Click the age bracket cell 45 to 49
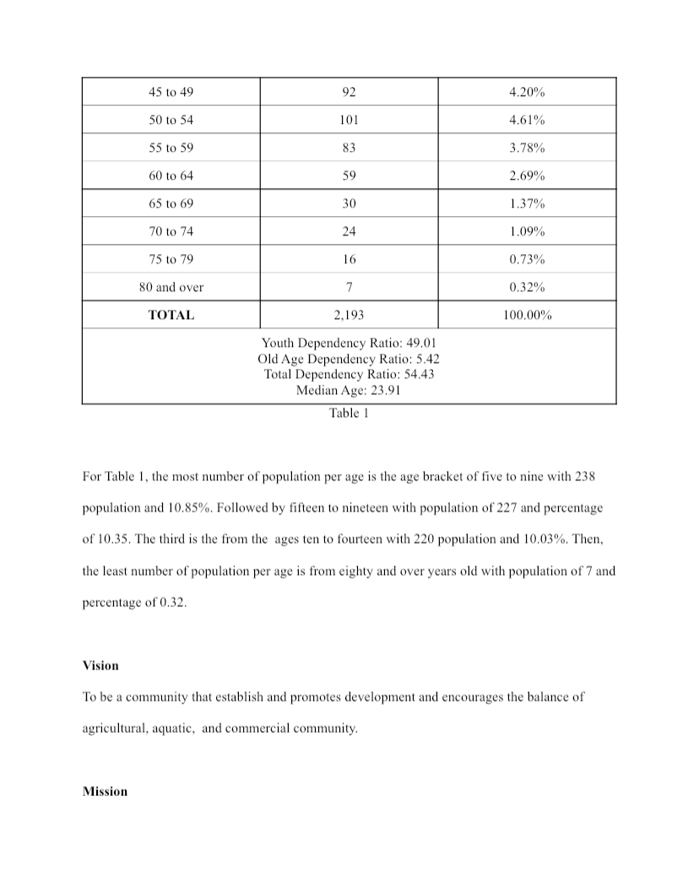pyautogui.click(x=171, y=92)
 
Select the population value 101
pyautogui.click(x=349, y=120)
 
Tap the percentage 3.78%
pyautogui.click(x=527, y=148)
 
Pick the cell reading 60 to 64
pyautogui.click(x=171, y=176)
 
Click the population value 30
pyautogui.click(x=349, y=203)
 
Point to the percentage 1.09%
pyautogui.click(x=527, y=231)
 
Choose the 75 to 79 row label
pyautogui.click(x=171, y=259)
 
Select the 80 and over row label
pyautogui.click(x=171, y=287)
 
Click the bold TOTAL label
pyautogui.click(x=171, y=315)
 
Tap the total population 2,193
pyautogui.click(x=349, y=315)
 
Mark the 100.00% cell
pyautogui.click(x=527, y=315)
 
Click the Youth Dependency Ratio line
pyautogui.click(x=349, y=343)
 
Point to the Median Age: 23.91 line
pyautogui.click(x=349, y=390)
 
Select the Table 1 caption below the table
pyautogui.click(x=349, y=414)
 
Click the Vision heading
pyautogui.click(x=100, y=665)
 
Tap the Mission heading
pyautogui.click(x=105, y=791)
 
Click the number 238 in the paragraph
pyautogui.click(x=584, y=477)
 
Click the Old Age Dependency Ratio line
pyautogui.click(x=349, y=359)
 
